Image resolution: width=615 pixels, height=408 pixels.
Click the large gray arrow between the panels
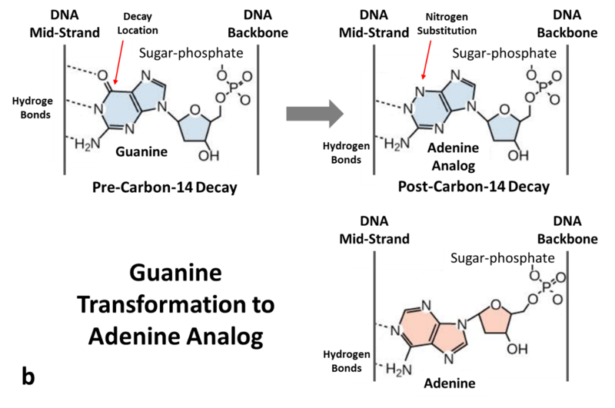tap(314, 113)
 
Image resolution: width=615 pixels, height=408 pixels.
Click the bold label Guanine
tap(141, 153)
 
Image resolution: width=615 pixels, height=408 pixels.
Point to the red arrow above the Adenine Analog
tap(427, 58)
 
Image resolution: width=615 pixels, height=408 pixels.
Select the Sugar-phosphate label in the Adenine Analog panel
tap(503, 53)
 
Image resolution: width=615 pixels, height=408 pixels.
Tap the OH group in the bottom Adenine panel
tap(516, 349)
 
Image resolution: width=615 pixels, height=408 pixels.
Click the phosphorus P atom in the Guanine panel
tap(228, 87)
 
